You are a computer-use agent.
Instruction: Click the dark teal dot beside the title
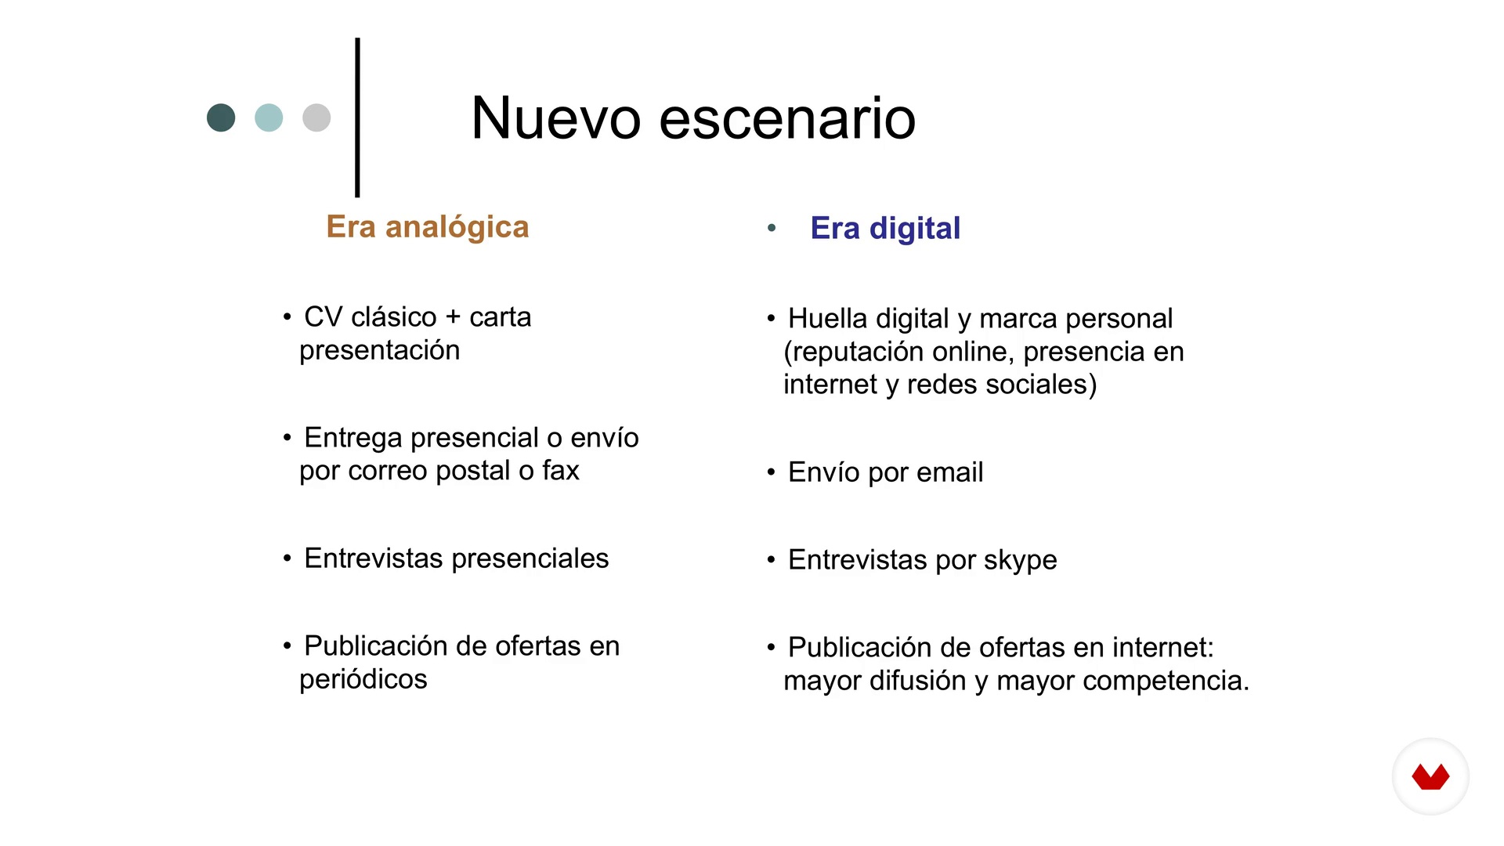[221, 117]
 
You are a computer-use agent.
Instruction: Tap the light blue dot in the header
[269, 117]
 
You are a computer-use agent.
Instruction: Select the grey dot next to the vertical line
[316, 117]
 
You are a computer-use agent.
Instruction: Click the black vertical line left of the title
[357, 117]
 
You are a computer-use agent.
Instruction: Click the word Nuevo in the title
[556, 118]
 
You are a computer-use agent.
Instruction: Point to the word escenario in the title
[787, 118]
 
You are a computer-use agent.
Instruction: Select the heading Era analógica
[428, 227]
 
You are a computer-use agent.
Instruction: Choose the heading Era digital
[885, 228]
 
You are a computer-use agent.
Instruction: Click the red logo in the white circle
[1430, 777]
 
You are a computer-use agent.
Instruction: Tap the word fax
[561, 470]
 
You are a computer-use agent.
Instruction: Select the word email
[949, 472]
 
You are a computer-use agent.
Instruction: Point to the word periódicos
[363, 679]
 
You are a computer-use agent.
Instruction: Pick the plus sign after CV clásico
[453, 317]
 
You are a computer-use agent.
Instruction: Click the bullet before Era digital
[772, 228]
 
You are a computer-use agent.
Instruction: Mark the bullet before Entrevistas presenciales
[287, 559]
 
